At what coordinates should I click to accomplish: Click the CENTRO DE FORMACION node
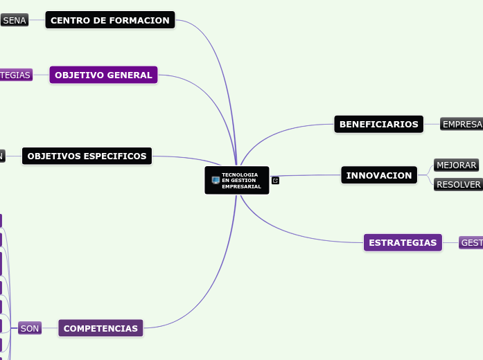tap(110, 21)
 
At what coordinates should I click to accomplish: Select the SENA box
tap(14, 21)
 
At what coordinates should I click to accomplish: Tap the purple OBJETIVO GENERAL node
tap(103, 75)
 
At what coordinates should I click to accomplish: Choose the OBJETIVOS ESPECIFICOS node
tap(87, 156)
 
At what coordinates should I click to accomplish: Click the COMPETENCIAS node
tap(100, 328)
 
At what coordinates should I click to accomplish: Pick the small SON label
tap(30, 328)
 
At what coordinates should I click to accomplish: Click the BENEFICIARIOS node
tap(378, 125)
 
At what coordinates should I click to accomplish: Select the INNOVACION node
tap(379, 175)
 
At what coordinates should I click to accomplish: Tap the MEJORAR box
tap(456, 165)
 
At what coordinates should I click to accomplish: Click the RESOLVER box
tap(458, 185)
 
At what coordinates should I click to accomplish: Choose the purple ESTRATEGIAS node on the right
tap(403, 242)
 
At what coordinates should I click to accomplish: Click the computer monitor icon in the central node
tap(216, 181)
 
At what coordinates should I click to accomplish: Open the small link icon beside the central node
tap(275, 181)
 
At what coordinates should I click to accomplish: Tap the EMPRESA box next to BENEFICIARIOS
tap(462, 125)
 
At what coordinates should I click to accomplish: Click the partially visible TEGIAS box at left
tap(15, 75)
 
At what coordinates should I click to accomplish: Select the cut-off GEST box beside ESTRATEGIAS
tap(471, 242)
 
